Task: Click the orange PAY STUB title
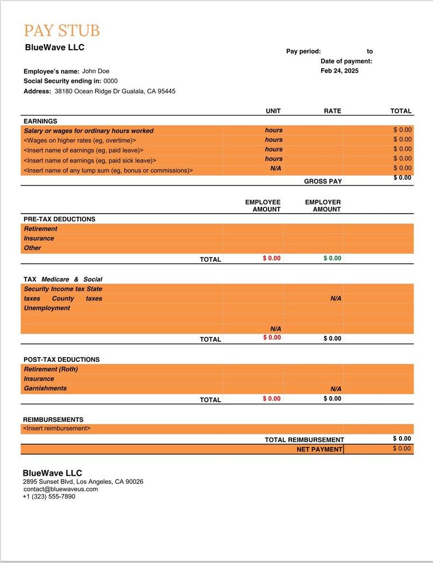coord(62,31)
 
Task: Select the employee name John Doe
coord(95,71)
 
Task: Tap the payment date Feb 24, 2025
coord(339,71)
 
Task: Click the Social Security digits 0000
coord(110,81)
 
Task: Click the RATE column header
coord(332,111)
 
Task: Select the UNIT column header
coord(273,111)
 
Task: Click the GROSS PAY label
coord(323,181)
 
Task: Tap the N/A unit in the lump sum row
coord(275,168)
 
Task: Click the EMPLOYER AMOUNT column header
coord(323,205)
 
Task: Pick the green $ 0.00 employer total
coord(332,258)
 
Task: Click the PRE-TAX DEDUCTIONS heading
coord(59,219)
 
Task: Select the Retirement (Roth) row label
coord(51,370)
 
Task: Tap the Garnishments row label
coord(45,389)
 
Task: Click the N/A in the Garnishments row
coord(335,389)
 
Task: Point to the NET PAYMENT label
coord(319,450)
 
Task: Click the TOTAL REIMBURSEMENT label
coord(304,440)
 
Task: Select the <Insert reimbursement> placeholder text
coord(57,429)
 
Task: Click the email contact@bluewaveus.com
coord(61,489)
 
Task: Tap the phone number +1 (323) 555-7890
coord(49,497)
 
